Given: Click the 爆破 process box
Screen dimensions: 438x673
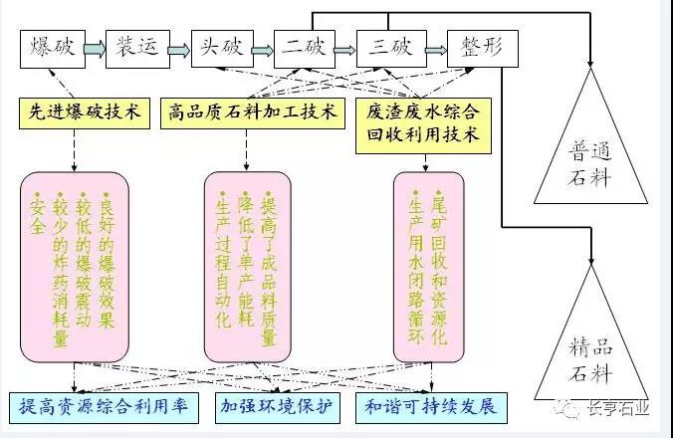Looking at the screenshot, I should click(x=51, y=47).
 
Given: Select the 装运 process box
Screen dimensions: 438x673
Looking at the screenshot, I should click(x=134, y=47).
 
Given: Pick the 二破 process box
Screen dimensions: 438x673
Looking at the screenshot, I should click(x=303, y=47).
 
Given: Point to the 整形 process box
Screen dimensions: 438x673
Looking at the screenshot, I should click(x=480, y=47).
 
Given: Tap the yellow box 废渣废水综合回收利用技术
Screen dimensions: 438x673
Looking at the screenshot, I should click(x=421, y=123).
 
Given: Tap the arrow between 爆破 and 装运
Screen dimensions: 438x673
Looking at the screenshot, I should click(x=93, y=47).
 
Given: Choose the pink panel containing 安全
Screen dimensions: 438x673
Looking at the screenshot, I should click(x=76, y=264).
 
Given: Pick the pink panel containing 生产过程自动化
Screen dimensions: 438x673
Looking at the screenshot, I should click(x=246, y=264).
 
